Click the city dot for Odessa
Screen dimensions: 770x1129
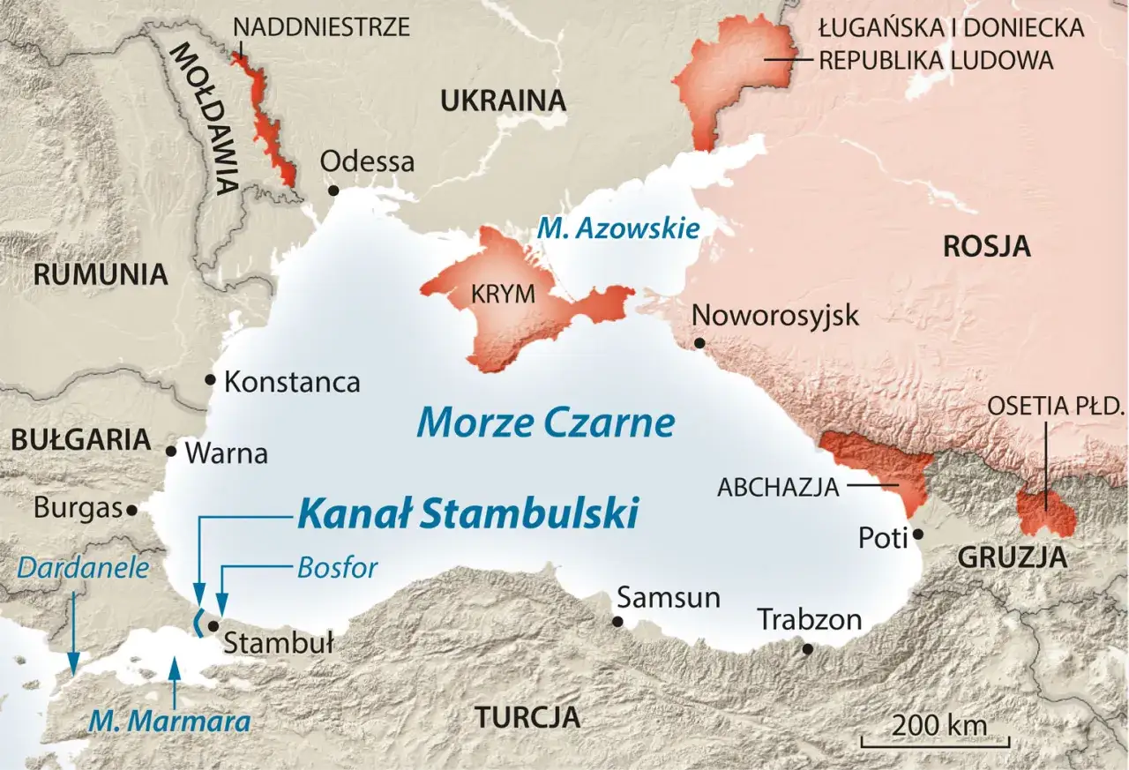click(333, 191)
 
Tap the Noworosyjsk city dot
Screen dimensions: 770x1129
click(699, 342)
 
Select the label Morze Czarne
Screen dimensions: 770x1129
click(545, 423)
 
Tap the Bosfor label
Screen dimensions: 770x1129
click(337, 567)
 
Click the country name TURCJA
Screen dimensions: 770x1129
click(527, 717)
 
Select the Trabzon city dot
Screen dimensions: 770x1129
click(807, 649)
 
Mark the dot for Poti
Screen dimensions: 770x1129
click(918, 534)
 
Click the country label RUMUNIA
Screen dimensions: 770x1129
click(100, 274)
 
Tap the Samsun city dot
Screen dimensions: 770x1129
click(617, 622)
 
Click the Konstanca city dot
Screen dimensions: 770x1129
click(210, 380)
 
